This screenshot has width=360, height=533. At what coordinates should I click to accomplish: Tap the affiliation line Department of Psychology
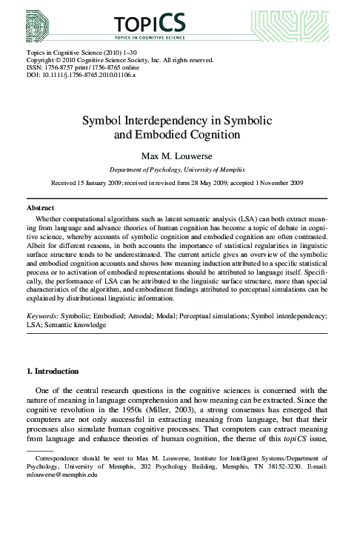click(x=179, y=170)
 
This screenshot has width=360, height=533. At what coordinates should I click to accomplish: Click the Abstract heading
click(x=41, y=209)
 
